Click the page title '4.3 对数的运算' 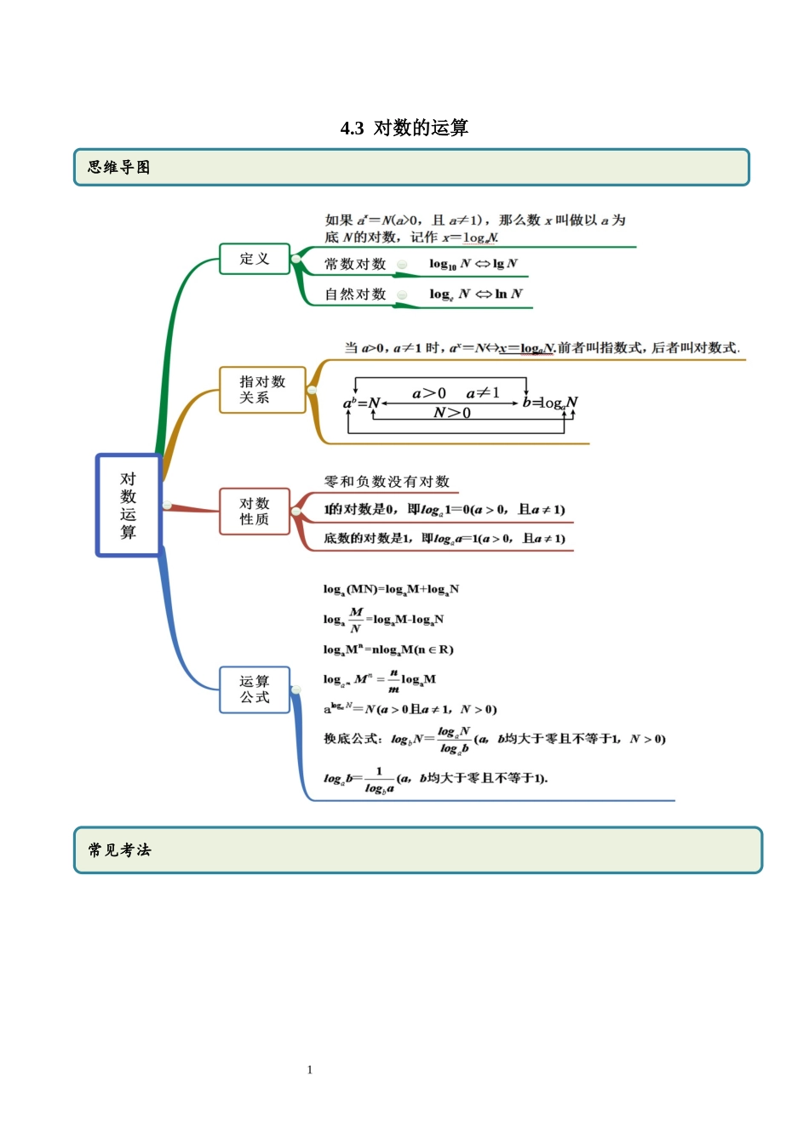pyautogui.click(x=404, y=128)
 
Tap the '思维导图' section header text pyautogui.click(x=119, y=168)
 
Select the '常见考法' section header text pyautogui.click(x=119, y=849)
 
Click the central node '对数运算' pyautogui.click(x=129, y=506)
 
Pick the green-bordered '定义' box pyautogui.click(x=254, y=259)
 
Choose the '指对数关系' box pyautogui.click(x=262, y=390)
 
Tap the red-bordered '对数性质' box pyautogui.click(x=255, y=512)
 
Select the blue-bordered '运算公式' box pyautogui.click(x=255, y=689)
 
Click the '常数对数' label pyautogui.click(x=355, y=264)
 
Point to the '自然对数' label pyautogui.click(x=355, y=295)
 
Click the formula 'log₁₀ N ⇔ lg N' pyautogui.click(x=473, y=264)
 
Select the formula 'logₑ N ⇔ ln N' pyautogui.click(x=476, y=295)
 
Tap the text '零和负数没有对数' pyautogui.click(x=387, y=482)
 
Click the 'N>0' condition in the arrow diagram pyautogui.click(x=452, y=413)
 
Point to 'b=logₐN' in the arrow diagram pyautogui.click(x=550, y=403)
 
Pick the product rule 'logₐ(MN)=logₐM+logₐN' pyautogui.click(x=391, y=589)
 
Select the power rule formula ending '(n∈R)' pyautogui.click(x=388, y=649)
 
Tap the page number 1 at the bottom pyautogui.click(x=310, y=1070)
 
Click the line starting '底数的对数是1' pyautogui.click(x=445, y=539)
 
